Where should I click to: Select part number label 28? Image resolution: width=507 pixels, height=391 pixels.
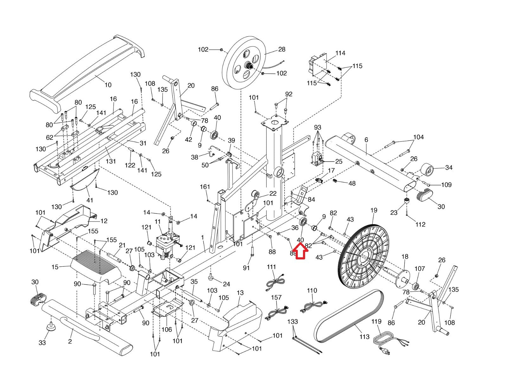pyautogui.click(x=282, y=49)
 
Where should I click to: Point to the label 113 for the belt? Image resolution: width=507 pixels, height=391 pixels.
pyautogui.click(x=364, y=337)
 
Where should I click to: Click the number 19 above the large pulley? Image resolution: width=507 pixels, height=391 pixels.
pyautogui.click(x=374, y=210)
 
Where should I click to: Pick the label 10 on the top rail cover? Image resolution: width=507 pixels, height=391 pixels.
pyautogui.click(x=108, y=85)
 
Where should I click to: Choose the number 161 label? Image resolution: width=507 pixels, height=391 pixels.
pyautogui.click(x=205, y=187)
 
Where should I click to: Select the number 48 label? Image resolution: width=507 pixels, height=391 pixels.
pyautogui.click(x=352, y=183)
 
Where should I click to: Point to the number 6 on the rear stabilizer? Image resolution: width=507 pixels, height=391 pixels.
pyautogui.click(x=366, y=140)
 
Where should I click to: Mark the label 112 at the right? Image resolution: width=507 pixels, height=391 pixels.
pyautogui.click(x=420, y=224)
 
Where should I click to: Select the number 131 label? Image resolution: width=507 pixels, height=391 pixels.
pyautogui.click(x=111, y=161)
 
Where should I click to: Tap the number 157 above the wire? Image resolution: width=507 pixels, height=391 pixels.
pyautogui.click(x=276, y=298)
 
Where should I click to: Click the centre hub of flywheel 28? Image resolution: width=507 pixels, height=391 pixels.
pyautogui.click(x=248, y=66)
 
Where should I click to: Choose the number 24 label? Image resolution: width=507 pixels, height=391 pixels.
pyautogui.click(x=226, y=284)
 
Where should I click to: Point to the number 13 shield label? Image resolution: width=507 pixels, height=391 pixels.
pyautogui.click(x=240, y=293)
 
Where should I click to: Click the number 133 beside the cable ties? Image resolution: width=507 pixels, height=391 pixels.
pyautogui.click(x=292, y=322)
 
